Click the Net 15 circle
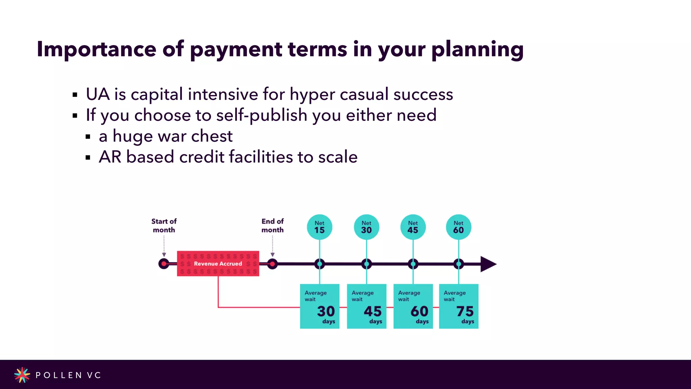point(320,227)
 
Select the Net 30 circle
point(366,227)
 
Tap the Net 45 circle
point(413,227)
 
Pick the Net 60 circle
point(459,227)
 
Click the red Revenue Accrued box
point(218,263)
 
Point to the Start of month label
point(164,226)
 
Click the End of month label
point(273,226)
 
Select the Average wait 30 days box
point(320,306)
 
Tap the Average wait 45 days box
point(366,306)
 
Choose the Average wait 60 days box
point(413,306)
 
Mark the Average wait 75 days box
point(459,306)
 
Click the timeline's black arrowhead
point(488,264)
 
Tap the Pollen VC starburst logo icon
point(22,375)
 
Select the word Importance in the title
point(96,49)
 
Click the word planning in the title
point(477,49)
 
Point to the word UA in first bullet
point(98,94)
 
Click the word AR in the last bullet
point(110,157)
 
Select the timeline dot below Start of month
point(164,264)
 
